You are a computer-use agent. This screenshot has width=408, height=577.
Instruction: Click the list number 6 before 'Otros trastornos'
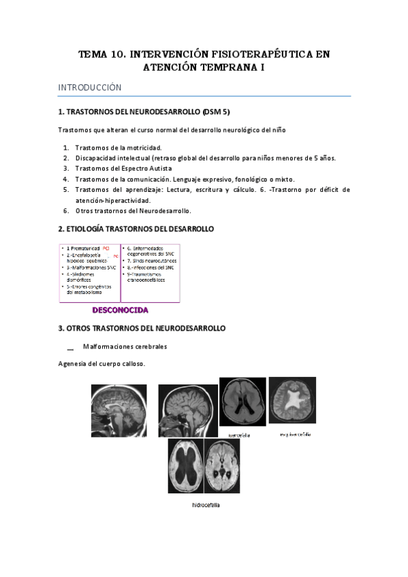coord(65,211)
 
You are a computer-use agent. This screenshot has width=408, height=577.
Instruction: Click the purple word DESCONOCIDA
coord(120,310)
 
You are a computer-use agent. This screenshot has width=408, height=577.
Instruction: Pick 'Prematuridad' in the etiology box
coord(85,248)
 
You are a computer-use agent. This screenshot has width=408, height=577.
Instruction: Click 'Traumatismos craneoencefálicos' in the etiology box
coord(146,276)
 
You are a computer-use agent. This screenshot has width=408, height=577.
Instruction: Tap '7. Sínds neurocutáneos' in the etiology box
coord(150,261)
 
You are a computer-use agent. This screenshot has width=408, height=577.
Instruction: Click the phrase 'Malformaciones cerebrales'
coord(125,346)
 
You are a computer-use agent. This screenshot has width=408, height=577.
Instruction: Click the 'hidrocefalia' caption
coord(206,506)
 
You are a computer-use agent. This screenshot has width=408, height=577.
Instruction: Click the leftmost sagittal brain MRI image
coord(119,410)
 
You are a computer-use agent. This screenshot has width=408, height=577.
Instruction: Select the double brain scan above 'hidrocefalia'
coord(206,466)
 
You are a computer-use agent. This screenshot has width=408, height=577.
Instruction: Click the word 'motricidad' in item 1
coord(142,147)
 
